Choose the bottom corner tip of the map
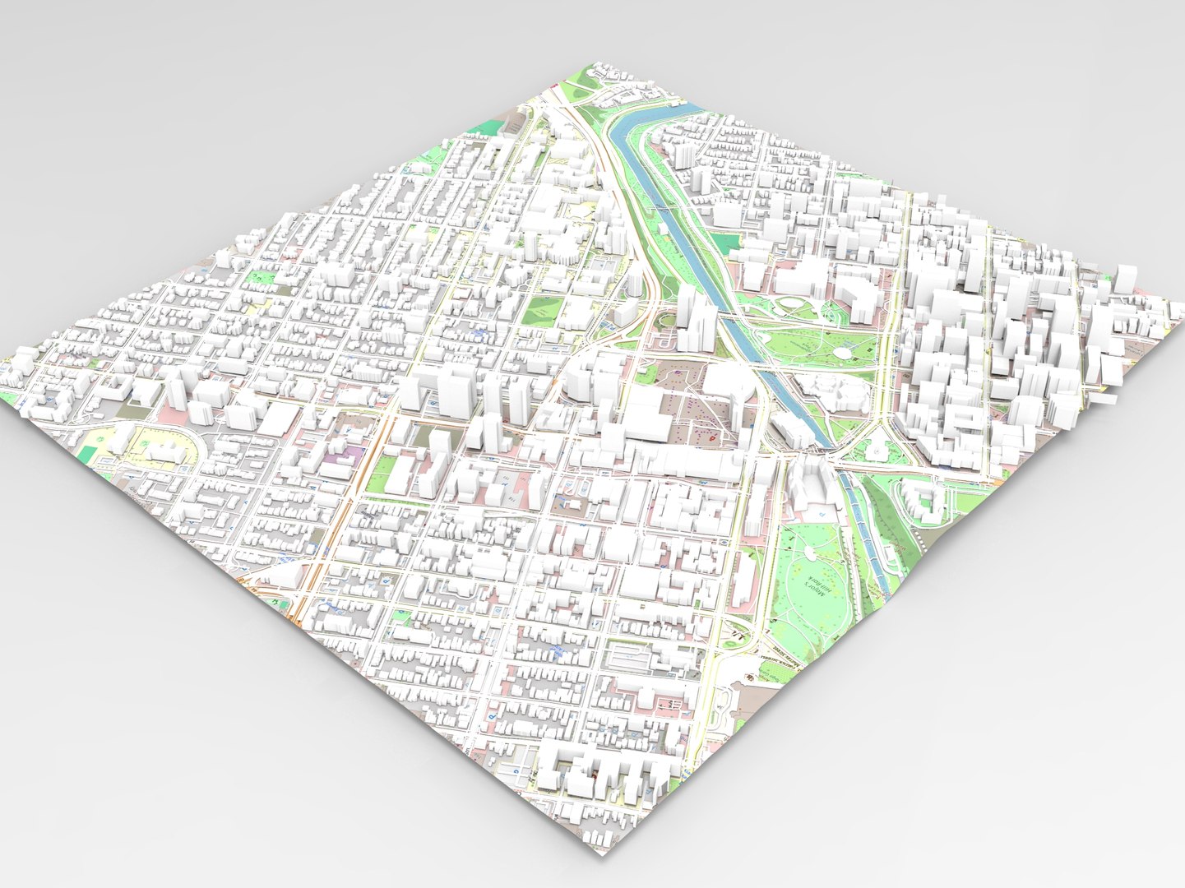point(604,855)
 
